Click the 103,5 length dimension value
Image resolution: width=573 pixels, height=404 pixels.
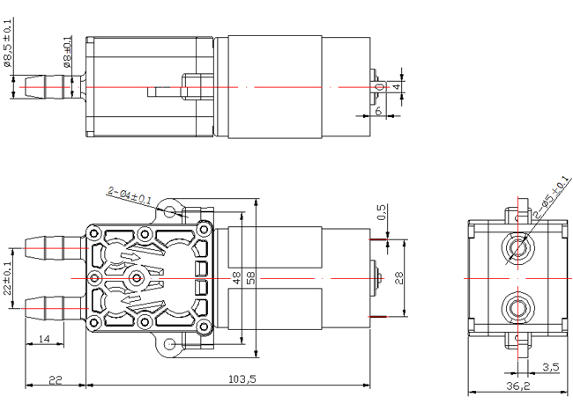(242, 378)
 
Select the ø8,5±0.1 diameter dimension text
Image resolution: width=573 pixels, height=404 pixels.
(8, 43)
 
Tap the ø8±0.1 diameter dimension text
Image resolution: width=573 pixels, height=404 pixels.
(68, 51)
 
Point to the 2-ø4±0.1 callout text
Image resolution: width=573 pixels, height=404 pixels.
(130, 195)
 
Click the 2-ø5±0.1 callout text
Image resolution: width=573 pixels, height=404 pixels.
(552, 197)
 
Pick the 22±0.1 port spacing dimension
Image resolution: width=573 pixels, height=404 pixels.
(8, 278)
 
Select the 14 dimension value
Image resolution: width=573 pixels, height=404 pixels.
(43, 339)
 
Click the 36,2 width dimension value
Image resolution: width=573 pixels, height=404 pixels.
(517, 386)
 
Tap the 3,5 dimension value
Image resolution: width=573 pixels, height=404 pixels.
(551, 367)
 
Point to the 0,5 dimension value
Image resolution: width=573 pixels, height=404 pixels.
(381, 212)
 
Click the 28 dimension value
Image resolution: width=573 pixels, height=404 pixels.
(399, 278)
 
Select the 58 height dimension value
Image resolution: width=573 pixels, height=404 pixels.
(251, 278)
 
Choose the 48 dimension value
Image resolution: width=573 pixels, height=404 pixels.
(237, 278)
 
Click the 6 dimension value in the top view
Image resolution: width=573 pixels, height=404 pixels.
(378, 110)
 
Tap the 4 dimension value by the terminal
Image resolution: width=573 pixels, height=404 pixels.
(397, 87)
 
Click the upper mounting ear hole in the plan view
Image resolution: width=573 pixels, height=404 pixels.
(169, 211)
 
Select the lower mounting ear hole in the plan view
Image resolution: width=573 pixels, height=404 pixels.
(169, 344)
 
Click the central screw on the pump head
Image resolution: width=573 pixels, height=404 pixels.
(137, 279)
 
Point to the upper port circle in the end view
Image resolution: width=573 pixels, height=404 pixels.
(517, 247)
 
